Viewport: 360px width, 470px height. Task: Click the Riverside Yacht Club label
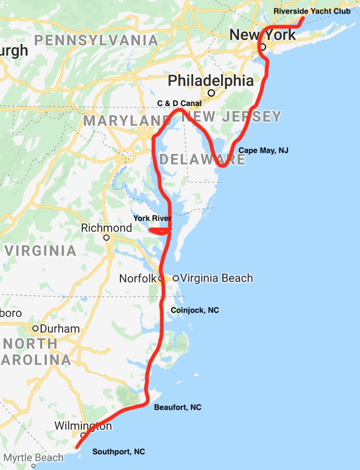[312, 11]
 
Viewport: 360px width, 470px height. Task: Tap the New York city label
[262, 35]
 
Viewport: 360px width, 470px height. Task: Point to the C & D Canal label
[179, 103]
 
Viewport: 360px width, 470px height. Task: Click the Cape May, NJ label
[263, 150]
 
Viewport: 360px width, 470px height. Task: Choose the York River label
[152, 218]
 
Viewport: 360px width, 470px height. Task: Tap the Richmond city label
[106, 228]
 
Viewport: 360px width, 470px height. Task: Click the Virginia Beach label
[216, 278]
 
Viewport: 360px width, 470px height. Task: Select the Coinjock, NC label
[195, 310]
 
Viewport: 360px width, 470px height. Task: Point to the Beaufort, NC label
[177, 407]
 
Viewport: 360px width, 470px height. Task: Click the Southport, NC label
[118, 452]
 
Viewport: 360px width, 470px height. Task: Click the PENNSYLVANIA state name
[96, 40]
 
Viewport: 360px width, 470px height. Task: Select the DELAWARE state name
[202, 159]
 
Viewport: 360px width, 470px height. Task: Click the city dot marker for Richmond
[106, 237]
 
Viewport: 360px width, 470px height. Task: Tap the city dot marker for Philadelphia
[211, 93]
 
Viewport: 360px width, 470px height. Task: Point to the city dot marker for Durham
[35, 328]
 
